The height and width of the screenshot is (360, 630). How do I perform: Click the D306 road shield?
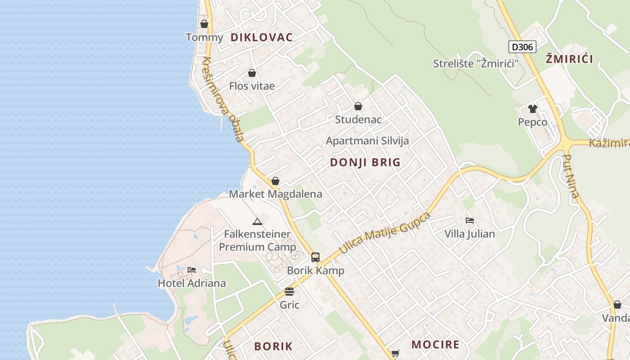(x=522, y=47)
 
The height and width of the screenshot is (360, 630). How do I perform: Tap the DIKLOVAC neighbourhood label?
(x=261, y=37)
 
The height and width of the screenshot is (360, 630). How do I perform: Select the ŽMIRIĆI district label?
(x=569, y=58)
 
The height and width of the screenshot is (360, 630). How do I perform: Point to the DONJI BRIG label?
(x=365, y=162)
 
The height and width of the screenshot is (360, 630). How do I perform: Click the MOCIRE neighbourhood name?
(x=435, y=345)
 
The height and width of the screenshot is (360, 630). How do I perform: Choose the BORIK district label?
(x=273, y=346)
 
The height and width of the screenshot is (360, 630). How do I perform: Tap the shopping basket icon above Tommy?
(x=204, y=24)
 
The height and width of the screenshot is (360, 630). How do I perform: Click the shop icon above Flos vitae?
(x=252, y=73)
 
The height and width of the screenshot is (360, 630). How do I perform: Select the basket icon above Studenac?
(x=358, y=106)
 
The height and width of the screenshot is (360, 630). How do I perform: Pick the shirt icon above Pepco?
(x=533, y=108)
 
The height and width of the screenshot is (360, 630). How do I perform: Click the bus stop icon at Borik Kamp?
(x=315, y=257)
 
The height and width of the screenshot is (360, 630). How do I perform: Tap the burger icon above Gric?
(x=289, y=292)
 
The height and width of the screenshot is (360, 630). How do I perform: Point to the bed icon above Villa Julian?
(x=470, y=220)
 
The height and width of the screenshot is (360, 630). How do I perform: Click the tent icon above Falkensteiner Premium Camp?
(x=257, y=221)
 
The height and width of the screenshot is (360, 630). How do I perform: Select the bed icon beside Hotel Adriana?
(x=192, y=270)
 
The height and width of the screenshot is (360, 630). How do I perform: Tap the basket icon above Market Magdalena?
(x=275, y=181)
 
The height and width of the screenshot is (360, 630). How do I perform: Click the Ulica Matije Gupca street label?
(x=385, y=232)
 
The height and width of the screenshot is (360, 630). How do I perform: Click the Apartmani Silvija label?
(x=367, y=141)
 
